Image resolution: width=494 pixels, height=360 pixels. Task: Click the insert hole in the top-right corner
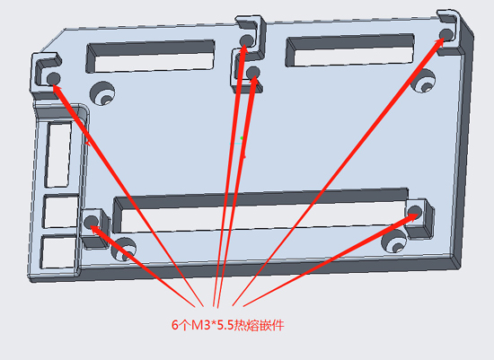[446, 34]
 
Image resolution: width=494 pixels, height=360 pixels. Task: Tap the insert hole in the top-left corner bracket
[53, 78]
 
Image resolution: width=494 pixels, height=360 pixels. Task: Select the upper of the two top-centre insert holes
[247, 40]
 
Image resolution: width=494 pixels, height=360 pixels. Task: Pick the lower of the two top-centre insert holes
[253, 73]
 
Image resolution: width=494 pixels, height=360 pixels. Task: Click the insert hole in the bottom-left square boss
[91, 222]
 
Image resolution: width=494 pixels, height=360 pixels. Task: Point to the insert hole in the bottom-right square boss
[415, 211]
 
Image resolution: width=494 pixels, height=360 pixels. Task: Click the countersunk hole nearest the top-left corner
[102, 93]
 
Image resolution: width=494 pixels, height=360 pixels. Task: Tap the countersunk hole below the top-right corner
[423, 80]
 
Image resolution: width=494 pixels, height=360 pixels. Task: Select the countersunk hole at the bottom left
[124, 250]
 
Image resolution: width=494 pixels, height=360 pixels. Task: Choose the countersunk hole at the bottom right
[393, 241]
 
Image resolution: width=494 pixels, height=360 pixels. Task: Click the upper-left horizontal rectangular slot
[151, 57]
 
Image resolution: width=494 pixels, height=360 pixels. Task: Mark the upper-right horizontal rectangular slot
[349, 50]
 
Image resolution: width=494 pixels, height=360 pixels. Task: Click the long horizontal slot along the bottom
[260, 210]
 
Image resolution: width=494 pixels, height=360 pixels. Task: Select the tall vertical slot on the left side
[58, 154]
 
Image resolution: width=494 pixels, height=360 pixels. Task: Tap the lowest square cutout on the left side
[58, 252]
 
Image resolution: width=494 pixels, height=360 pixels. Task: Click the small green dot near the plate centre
[242, 138]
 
